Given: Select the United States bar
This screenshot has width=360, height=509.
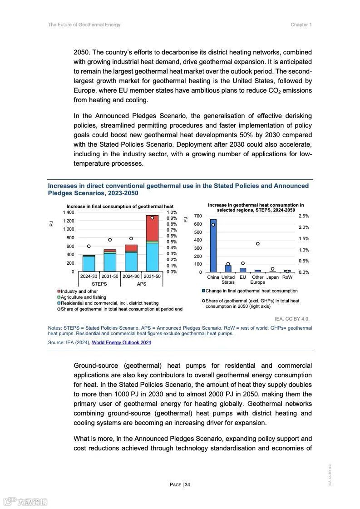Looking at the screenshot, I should (228, 269).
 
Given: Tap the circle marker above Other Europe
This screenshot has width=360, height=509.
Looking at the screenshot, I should (257, 244).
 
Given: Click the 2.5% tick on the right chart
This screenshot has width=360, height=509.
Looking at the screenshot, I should (304, 216).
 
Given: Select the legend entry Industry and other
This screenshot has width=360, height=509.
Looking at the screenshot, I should (79, 292).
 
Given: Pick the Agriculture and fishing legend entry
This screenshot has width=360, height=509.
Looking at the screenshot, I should (83, 297).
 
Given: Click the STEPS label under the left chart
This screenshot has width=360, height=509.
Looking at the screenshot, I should (99, 284).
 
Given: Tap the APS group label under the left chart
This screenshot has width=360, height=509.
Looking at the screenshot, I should (142, 284).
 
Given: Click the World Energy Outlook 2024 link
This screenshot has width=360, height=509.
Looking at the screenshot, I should (122, 342).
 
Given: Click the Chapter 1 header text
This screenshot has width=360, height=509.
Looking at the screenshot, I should (301, 25).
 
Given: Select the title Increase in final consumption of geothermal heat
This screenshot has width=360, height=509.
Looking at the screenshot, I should (120, 207).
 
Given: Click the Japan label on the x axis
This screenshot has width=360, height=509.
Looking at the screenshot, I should (272, 277).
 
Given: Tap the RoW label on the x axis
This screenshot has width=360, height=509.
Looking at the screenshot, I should (287, 277).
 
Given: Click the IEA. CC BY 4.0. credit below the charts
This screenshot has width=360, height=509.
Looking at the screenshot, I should (292, 319).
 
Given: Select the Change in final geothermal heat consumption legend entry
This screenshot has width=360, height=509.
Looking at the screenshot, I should (252, 291).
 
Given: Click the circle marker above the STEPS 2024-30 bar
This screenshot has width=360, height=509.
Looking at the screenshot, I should (89, 246).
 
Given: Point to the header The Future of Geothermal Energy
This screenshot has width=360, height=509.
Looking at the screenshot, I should (84, 25).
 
